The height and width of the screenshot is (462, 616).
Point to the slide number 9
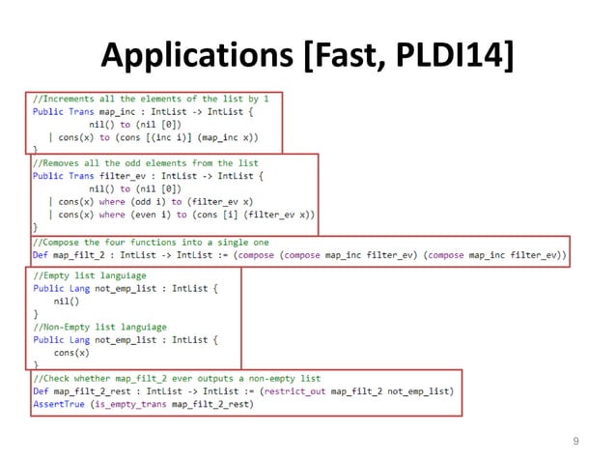click(575, 441)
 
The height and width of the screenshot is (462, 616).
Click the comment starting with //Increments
click(151, 99)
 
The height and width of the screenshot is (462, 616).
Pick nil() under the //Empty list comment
click(69, 302)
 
